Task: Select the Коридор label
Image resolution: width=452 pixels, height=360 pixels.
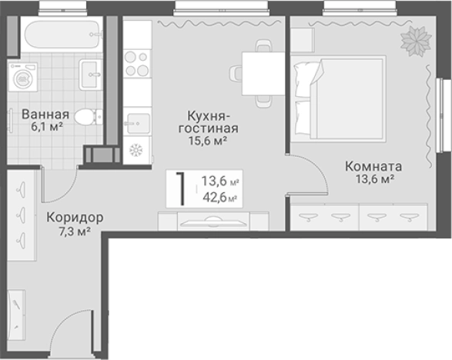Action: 73,217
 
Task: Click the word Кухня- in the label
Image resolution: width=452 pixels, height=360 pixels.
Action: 204,115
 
